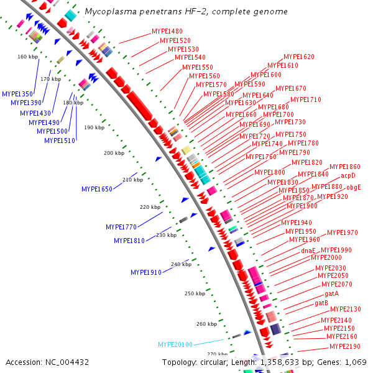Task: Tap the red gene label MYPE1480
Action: (167, 32)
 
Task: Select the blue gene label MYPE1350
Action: (17, 94)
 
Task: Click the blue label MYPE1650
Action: (97, 189)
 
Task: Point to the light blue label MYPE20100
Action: (175, 344)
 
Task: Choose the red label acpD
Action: (348, 177)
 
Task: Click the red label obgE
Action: (354, 187)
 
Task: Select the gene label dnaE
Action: (308, 250)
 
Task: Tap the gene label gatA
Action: (331, 293)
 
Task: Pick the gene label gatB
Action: (321, 303)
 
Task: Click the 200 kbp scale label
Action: (114, 153)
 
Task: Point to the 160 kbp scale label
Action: (28, 57)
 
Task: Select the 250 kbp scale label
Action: (195, 293)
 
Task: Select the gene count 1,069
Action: (356, 362)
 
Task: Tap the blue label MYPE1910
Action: (146, 272)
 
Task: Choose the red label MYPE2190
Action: (345, 346)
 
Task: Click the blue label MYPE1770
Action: (121, 227)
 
